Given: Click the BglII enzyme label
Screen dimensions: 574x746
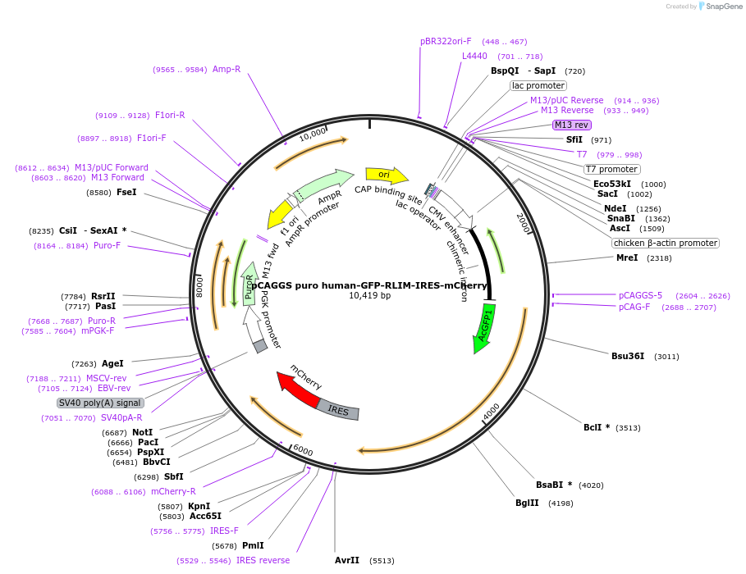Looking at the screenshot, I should pos(527,503).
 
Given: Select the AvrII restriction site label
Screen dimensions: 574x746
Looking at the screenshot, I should pos(347,560).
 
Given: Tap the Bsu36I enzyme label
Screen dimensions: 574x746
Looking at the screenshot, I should pos(628,356).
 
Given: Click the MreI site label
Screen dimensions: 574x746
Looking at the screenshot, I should pos(626,257).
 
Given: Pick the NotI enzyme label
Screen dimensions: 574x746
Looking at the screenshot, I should pos(142,432).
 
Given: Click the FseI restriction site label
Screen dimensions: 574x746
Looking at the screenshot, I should pos(126,192).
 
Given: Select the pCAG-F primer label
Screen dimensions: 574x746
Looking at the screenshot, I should pos(634,307).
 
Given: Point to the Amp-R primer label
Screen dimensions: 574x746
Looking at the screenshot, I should pos(227,69).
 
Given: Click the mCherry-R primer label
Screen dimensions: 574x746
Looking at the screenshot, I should pos(173,491).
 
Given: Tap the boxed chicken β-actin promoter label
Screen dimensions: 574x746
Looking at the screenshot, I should pos(665,243).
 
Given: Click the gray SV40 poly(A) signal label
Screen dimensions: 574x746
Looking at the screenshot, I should pos(100,403).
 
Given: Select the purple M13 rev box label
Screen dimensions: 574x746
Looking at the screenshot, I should pos(571,125).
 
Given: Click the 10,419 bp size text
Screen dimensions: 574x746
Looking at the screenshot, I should pos(369,295).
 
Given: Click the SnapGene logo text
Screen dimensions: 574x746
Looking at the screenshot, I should pos(724,7).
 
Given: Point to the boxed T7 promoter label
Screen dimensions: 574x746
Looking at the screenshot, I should pos(611,169).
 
